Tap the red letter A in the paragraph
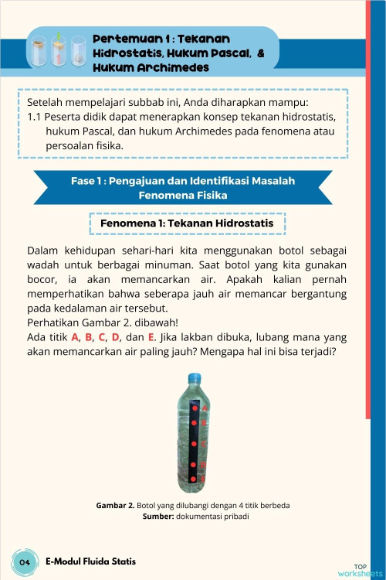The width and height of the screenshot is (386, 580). tap(76, 338)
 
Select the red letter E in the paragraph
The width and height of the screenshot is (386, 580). tap(151, 338)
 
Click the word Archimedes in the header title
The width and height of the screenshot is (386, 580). tap(175, 68)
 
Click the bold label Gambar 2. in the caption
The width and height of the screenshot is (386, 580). tap(115, 505)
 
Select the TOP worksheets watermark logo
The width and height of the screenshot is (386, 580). tap(360, 571)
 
